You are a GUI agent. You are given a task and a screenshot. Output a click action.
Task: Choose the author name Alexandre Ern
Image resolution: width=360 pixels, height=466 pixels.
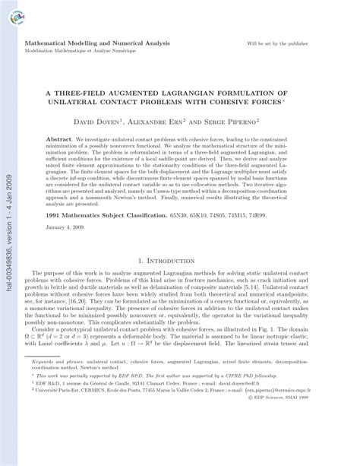pos(182,122)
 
